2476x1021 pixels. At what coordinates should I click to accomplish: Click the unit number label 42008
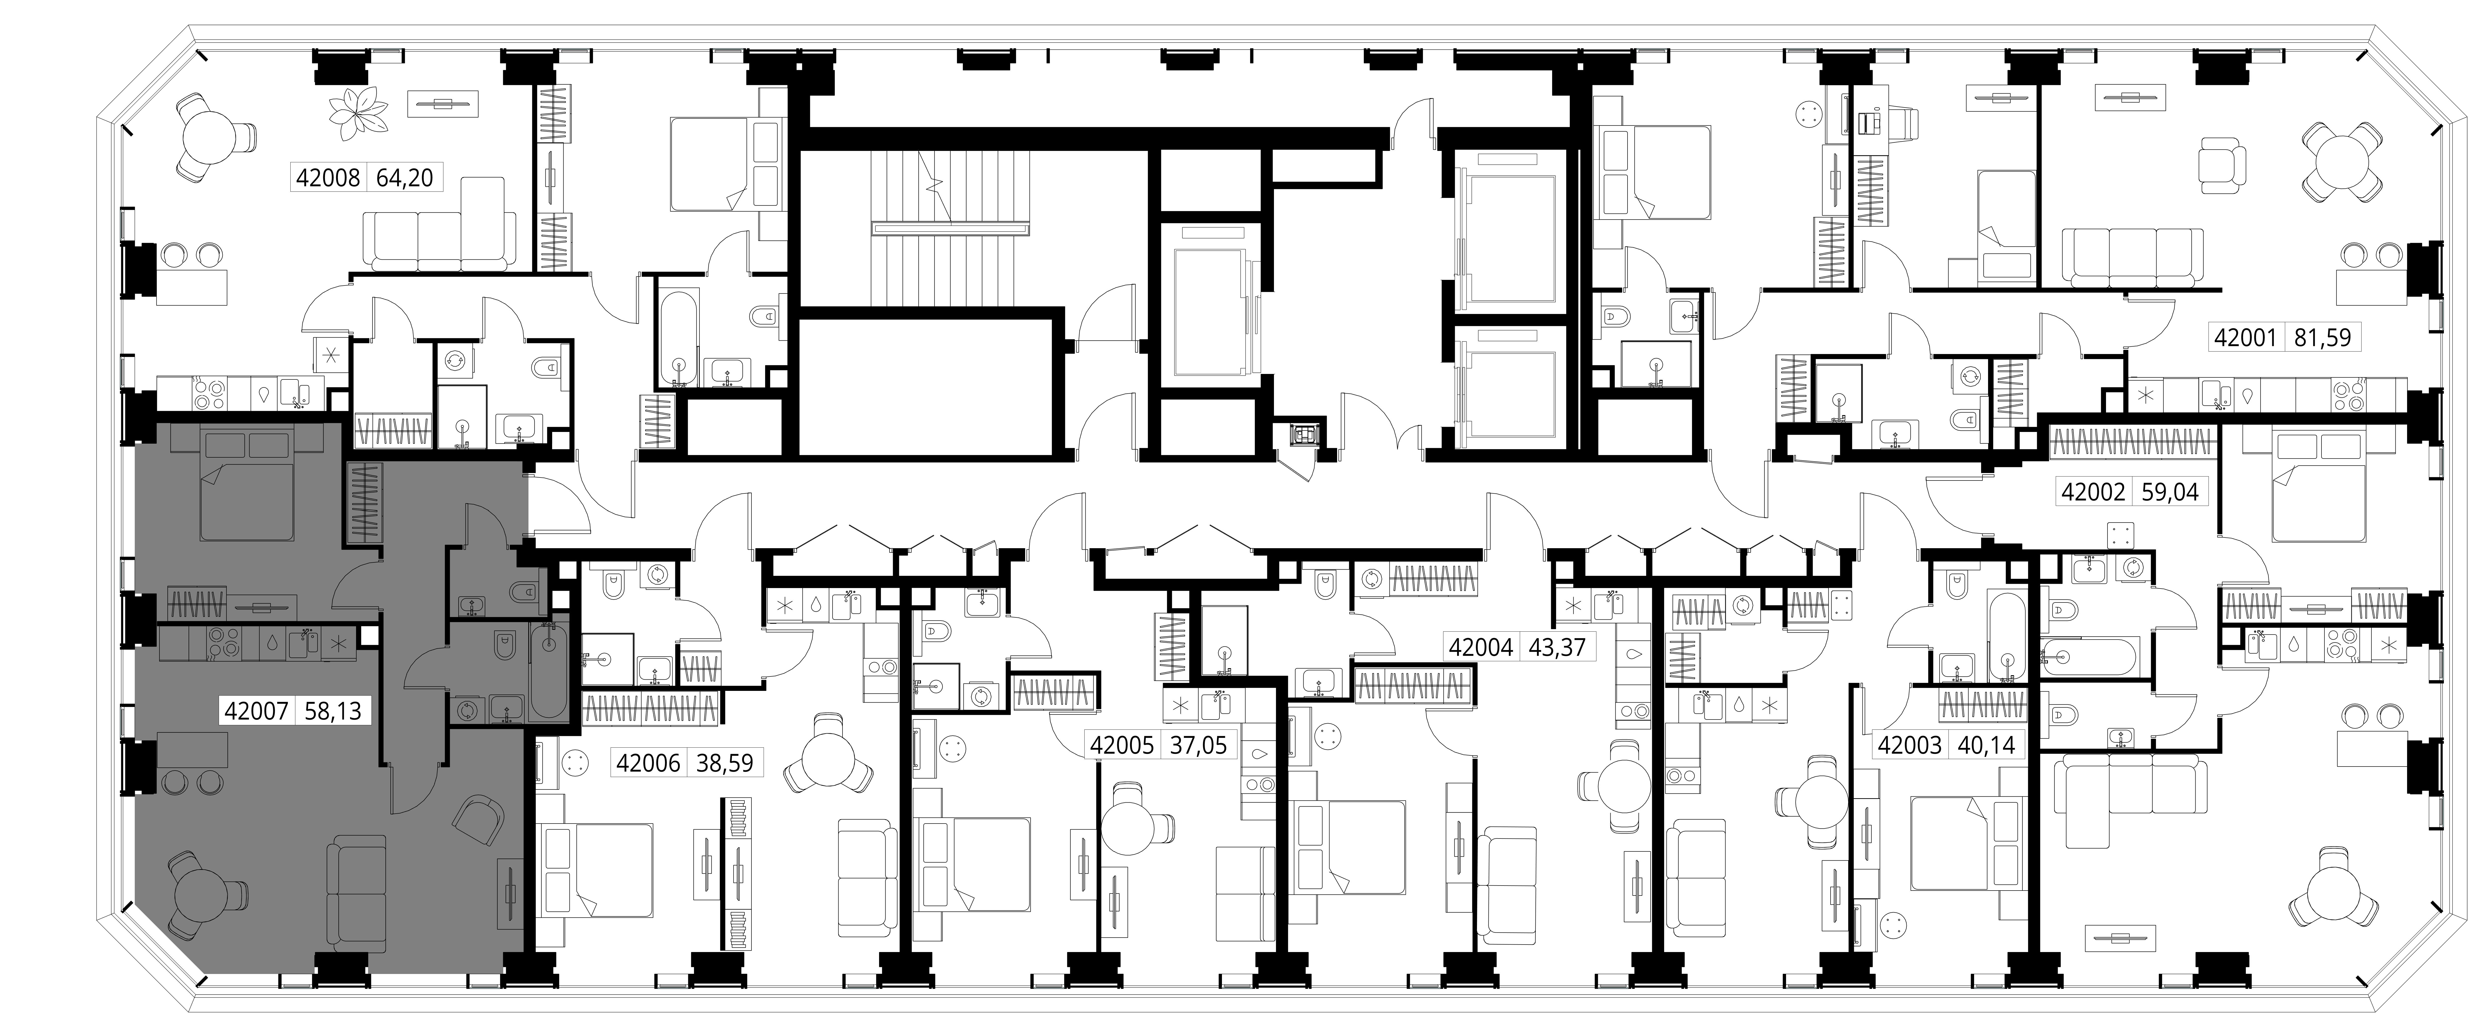[x=328, y=178]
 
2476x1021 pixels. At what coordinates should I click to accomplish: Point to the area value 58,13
[x=333, y=712]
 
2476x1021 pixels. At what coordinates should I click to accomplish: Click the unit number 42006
[x=648, y=764]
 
